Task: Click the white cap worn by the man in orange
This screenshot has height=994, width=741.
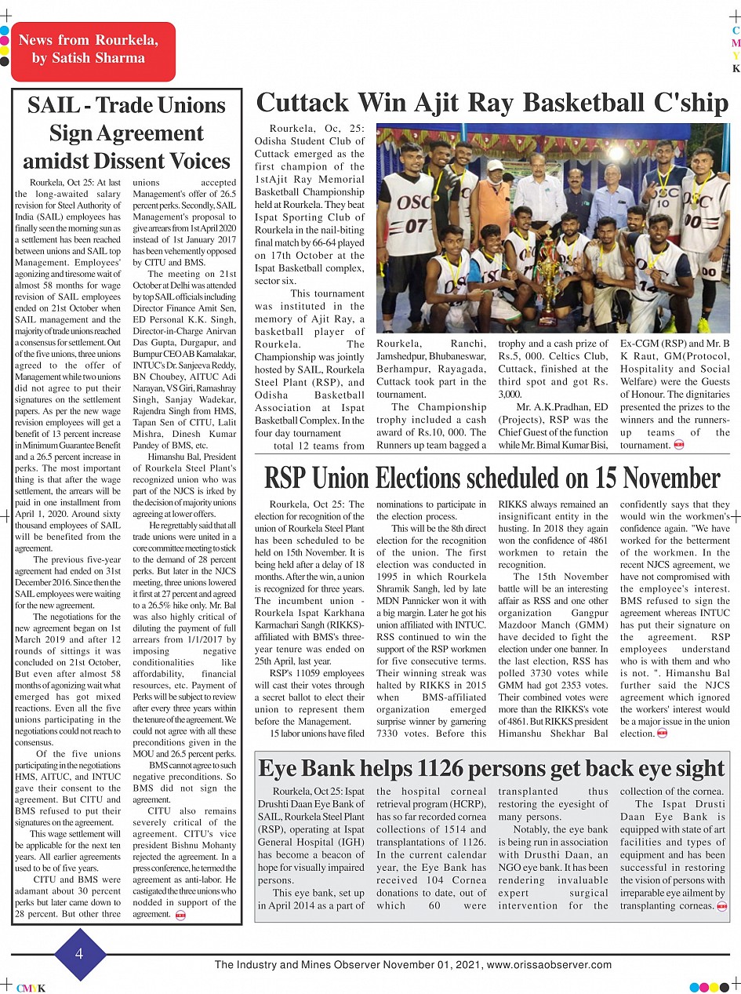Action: click(496, 166)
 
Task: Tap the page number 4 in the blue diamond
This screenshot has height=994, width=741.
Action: click(79, 954)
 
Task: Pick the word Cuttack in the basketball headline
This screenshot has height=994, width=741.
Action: click(301, 103)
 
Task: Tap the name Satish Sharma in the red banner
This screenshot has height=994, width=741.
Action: click(89, 58)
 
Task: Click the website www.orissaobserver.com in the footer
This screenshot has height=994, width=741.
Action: click(549, 964)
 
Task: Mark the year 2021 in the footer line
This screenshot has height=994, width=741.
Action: click(467, 964)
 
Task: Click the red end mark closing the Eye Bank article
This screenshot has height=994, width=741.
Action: click(721, 906)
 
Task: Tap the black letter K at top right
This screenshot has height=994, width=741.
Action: click(736, 69)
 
